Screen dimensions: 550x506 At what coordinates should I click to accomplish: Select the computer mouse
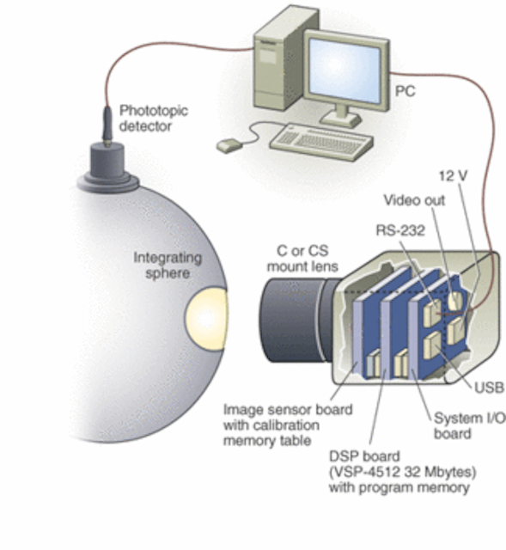click(226, 146)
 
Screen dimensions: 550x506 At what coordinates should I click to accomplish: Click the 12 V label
click(454, 175)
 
